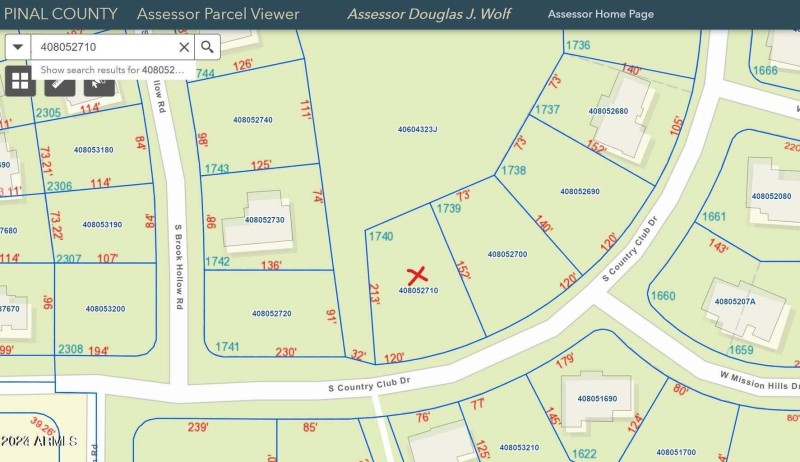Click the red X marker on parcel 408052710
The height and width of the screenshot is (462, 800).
[418, 274]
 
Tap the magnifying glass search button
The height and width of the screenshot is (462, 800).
[207, 47]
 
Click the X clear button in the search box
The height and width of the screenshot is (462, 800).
[184, 47]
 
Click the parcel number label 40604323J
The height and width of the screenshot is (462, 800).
[417, 129]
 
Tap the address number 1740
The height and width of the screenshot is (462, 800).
[380, 236]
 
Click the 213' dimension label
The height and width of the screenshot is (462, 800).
[375, 295]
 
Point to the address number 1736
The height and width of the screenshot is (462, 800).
[577, 45]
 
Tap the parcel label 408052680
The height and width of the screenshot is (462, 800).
[608, 111]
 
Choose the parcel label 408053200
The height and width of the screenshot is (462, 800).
[105, 309]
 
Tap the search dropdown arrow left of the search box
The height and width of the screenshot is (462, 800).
[18, 47]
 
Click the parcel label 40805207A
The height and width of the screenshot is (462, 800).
[734, 300]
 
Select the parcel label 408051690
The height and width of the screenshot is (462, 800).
[597, 398]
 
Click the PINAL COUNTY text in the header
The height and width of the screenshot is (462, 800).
[60, 14]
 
